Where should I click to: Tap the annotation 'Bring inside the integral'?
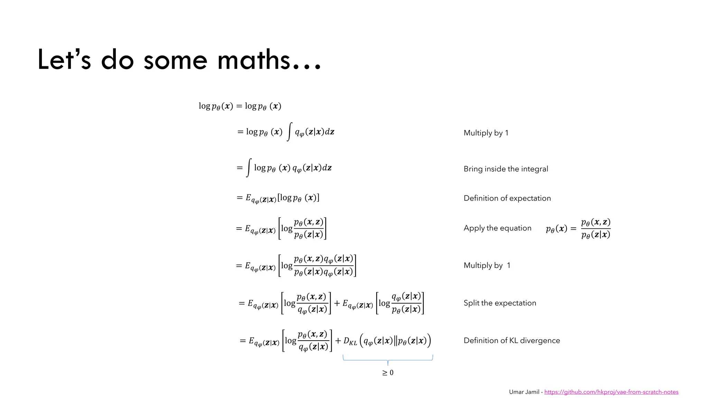click(506, 169)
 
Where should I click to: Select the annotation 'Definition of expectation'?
click(507, 198)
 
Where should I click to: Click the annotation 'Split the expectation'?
click(500, 303)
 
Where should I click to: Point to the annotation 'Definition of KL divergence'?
click(512, 341)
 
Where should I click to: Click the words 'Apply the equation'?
click(497, 228)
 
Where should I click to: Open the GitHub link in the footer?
click(611, 392)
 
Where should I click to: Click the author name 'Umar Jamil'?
click(524, 392)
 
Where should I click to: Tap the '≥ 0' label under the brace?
click(388, 373)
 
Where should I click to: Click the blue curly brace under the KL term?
click(388, 360)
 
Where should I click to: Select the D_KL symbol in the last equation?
click(350, 341)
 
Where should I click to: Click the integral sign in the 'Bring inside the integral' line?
click(249, 168)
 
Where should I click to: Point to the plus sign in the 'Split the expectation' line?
click(337, 303)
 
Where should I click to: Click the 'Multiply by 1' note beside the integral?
click(486, 133)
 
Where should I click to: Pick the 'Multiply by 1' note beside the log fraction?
click(487, 266)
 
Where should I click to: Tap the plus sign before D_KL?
click(338, 341)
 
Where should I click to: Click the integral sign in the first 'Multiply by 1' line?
click(289, 132)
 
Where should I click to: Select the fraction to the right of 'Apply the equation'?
click(596, 228)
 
